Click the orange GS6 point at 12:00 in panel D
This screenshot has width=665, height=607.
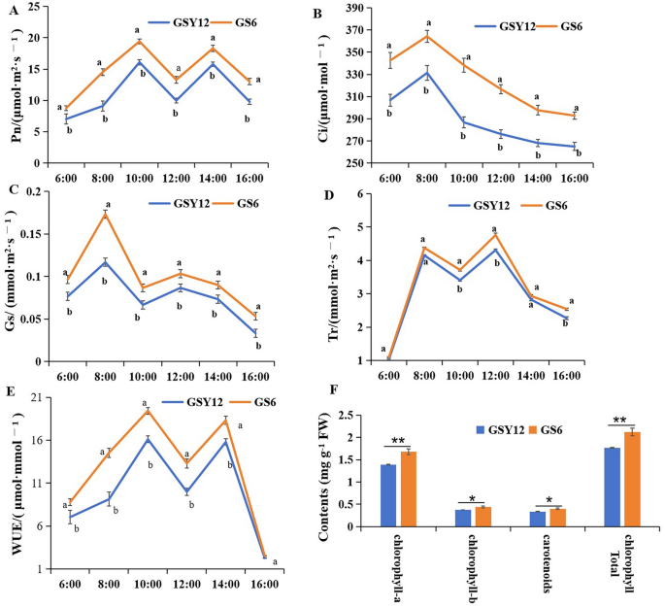496,235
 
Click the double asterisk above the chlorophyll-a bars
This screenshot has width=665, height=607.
398,442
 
